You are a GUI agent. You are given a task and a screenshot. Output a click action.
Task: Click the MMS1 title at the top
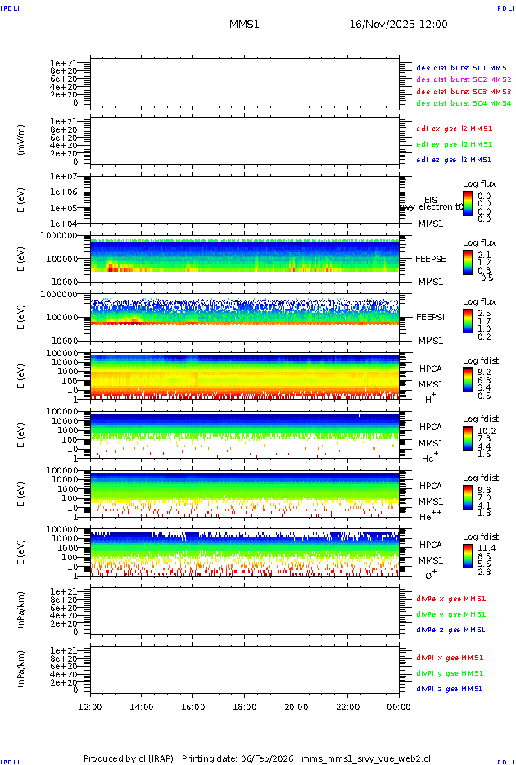[244, 25]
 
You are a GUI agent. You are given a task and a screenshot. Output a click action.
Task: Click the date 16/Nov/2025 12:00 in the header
[398, 25]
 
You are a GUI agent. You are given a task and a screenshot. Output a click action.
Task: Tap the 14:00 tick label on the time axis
[142, 707]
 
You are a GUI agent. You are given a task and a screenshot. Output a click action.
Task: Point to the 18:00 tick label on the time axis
[245, 707]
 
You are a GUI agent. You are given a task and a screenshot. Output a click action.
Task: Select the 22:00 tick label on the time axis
[347, 707]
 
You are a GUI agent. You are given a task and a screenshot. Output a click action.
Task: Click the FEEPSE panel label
[431, 258]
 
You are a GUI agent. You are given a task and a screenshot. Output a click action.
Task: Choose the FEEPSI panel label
[431, 316]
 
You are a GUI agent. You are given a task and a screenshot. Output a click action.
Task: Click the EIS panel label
[431, 200]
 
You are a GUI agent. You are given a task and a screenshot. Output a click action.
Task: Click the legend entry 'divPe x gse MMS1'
[450, 599]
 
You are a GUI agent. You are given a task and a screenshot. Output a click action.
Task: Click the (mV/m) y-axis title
[21, 139]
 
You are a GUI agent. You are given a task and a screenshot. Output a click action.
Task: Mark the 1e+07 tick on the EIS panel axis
[64, 177]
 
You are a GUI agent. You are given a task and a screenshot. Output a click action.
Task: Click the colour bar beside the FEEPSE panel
[467, 262]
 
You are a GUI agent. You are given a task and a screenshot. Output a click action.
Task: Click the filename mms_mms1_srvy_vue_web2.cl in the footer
[365, 758]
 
